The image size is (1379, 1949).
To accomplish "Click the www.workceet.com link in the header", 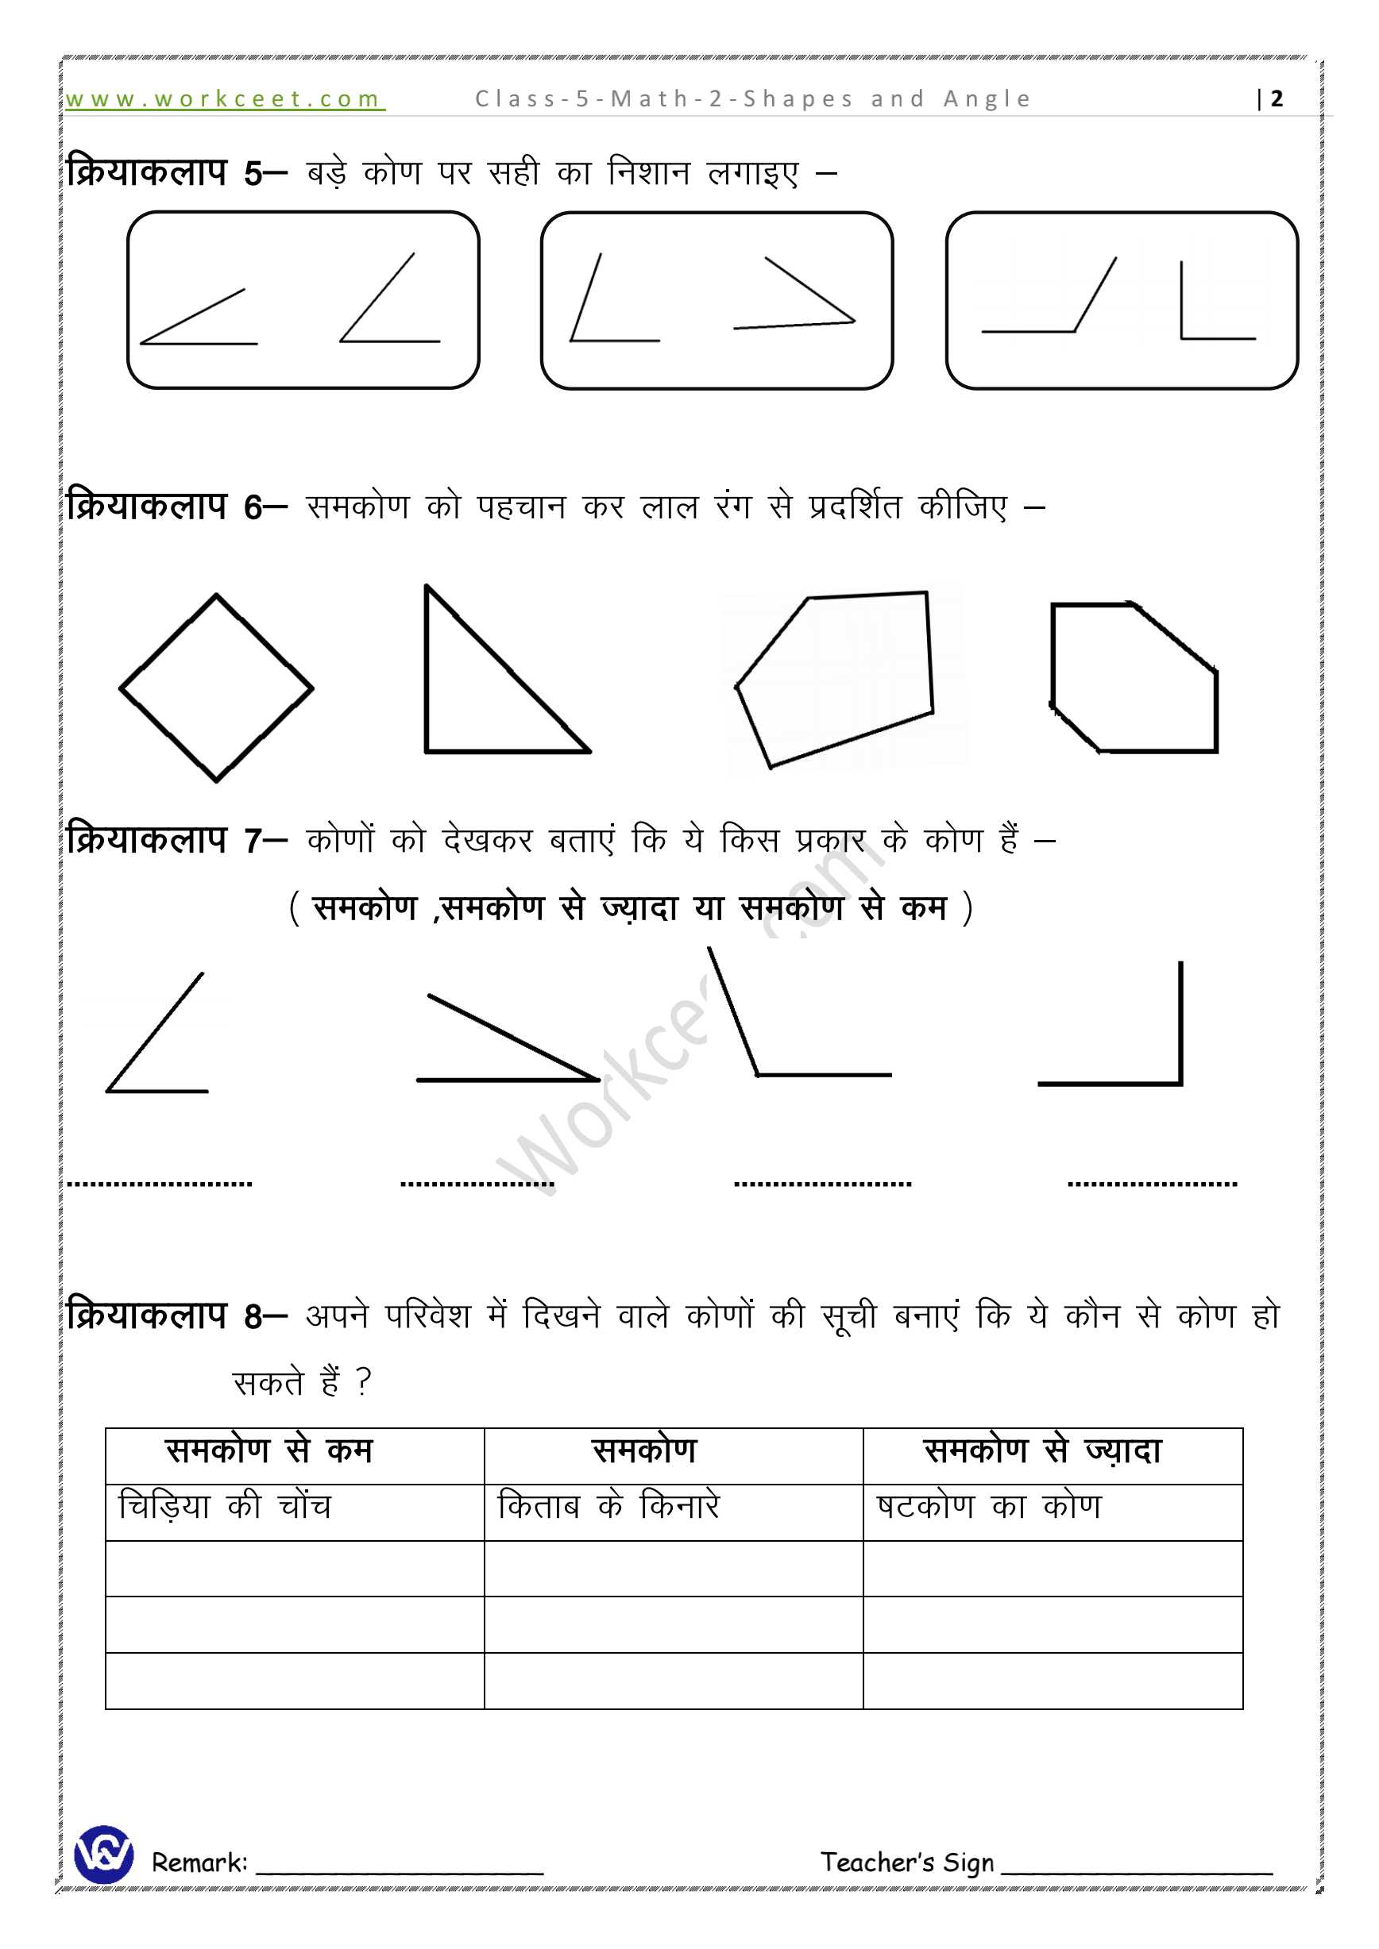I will coord(224,99).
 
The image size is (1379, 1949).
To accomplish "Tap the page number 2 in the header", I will coord(1277,99).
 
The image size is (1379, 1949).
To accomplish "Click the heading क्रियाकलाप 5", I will coord(164,173).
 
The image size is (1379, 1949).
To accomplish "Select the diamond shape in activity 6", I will coord(217,688).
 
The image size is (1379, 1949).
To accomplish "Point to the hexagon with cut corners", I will coord(1134,679).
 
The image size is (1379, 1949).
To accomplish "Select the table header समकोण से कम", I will coord(270,1450).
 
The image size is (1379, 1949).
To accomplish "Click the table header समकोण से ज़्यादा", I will coord(1042,1450).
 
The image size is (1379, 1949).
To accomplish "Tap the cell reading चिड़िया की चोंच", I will coord(225,1507).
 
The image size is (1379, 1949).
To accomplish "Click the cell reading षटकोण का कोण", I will coord(989,1507).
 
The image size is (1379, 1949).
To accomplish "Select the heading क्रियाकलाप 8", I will coord(164,1316).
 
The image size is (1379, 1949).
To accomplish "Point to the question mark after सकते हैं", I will coord(364,1383).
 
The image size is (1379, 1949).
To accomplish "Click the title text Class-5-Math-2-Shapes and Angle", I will coord(753,99).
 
